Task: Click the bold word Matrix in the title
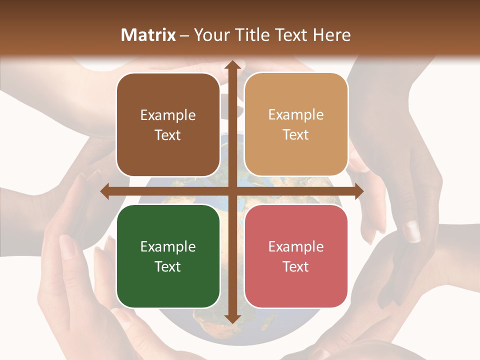click(x=148, y=35)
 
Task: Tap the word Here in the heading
click(x=332, y=35)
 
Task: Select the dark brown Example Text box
click(x=168, y=125)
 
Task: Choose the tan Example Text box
click(x=296, y=124)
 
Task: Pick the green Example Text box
click(x=168, y=256)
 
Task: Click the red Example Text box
click(x=296, y=256)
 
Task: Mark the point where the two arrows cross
click(x=231, y=191)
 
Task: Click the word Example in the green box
click(x=168, y=246)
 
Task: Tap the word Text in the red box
click(x=296, y=266)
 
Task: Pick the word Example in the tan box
click(x=296, y=115)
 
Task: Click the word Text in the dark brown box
click(x=168, y=135)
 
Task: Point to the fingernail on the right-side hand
click(x=412, y=231)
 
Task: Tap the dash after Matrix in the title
click(x=184, y=35)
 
